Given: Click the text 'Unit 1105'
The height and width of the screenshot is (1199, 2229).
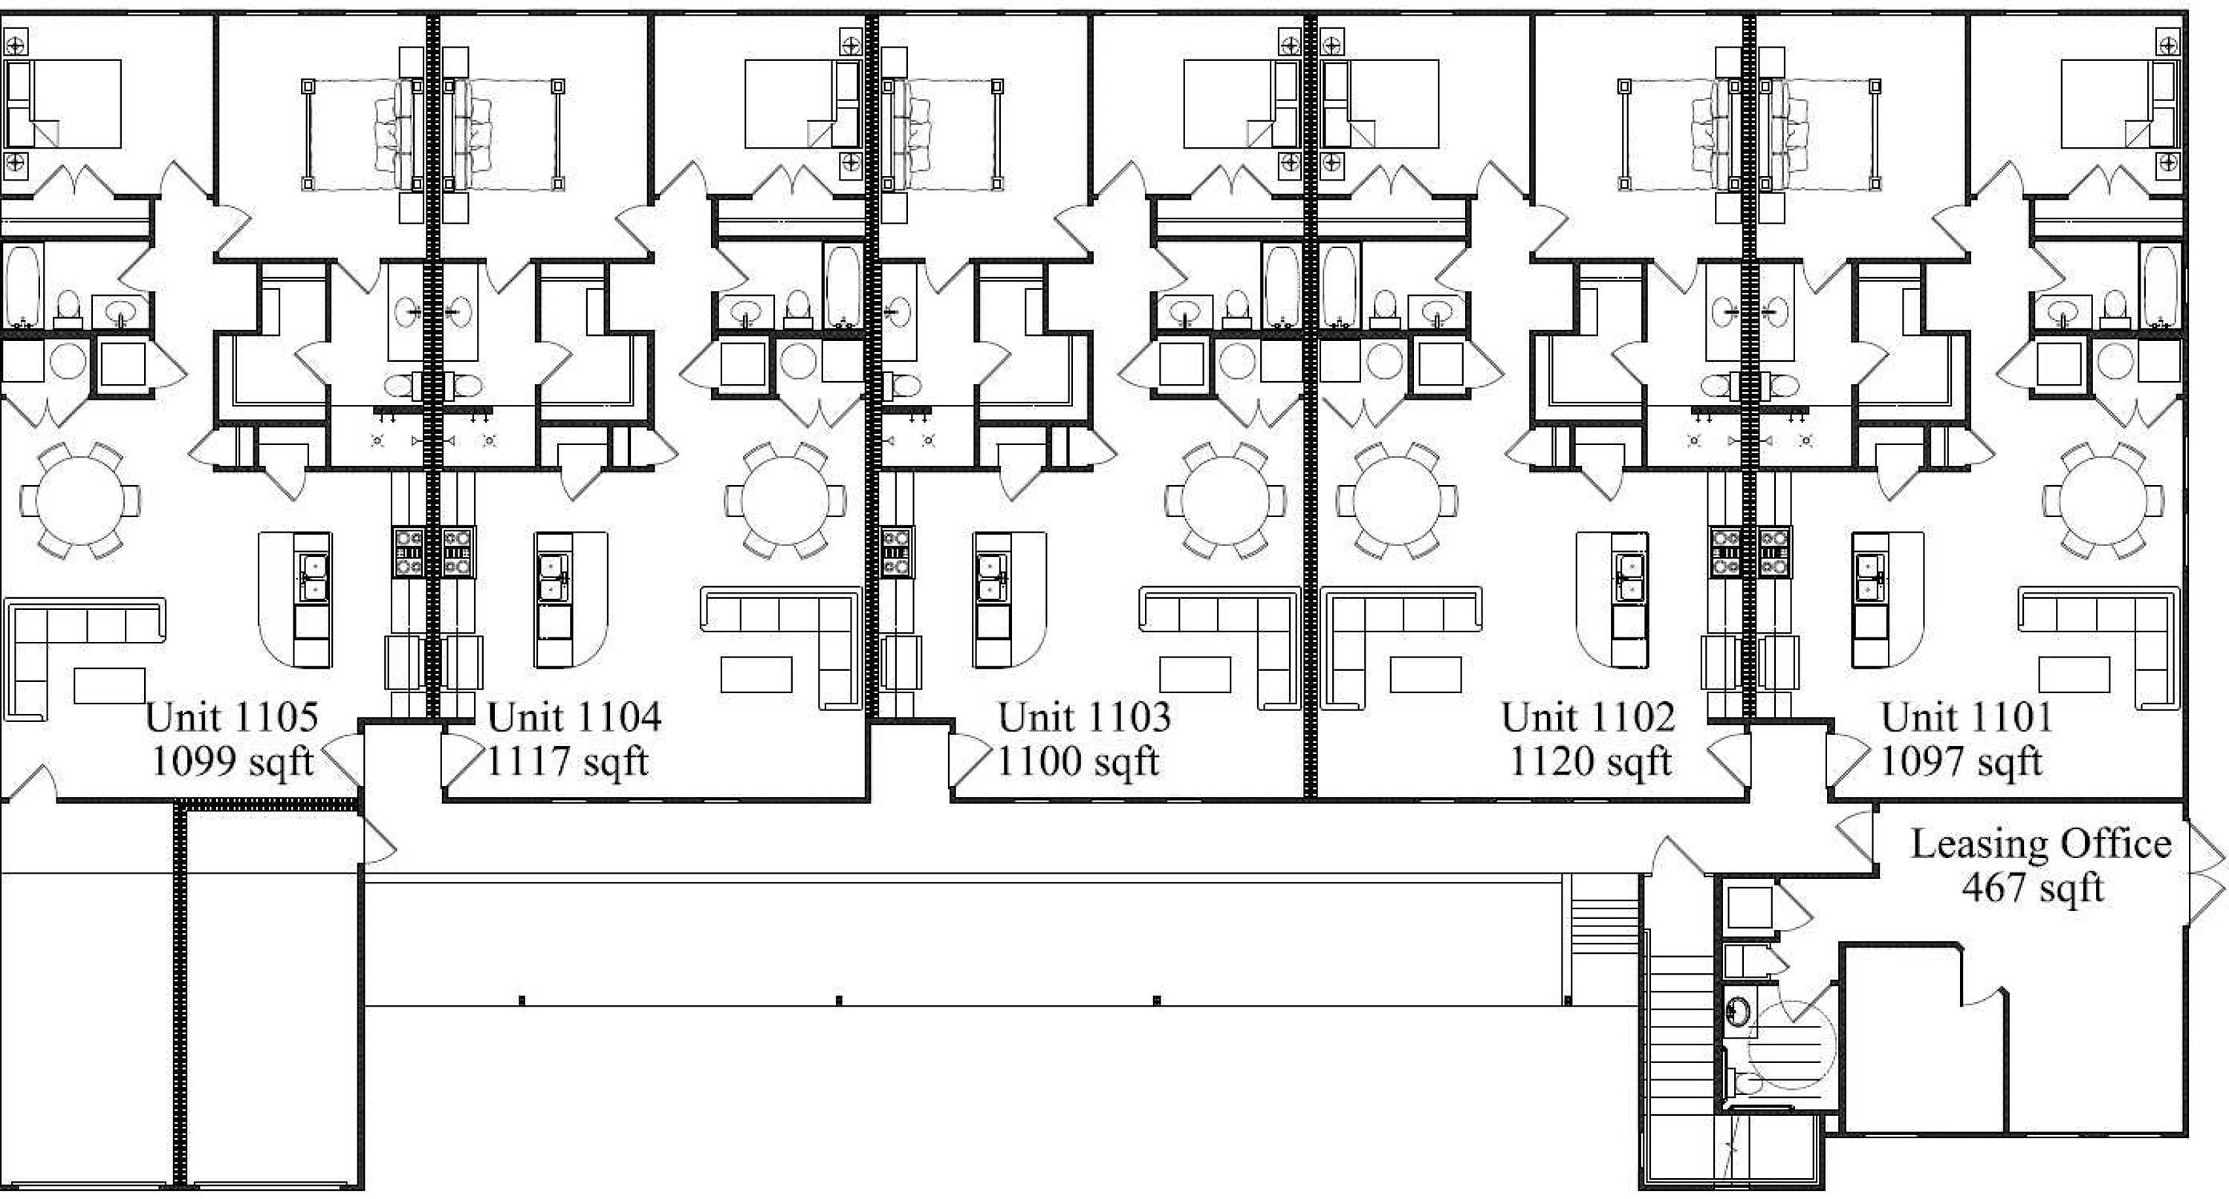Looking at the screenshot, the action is (232, 717).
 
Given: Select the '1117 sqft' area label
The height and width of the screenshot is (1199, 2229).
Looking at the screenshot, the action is (568, 762).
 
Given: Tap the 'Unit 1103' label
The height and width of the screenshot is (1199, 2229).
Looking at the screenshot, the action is (1085, 717).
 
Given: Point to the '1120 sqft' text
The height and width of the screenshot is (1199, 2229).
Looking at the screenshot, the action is (1591, 762).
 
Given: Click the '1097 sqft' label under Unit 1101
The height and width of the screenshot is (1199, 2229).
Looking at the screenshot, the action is (1962, 762).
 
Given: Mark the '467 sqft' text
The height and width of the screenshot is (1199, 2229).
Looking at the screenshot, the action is (2033, 888).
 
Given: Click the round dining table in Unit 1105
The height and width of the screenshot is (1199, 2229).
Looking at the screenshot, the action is (80, 501).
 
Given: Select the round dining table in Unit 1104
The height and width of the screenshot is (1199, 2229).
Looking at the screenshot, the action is (785, 501).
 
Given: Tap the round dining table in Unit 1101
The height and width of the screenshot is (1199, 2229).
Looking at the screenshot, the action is (2103, 501).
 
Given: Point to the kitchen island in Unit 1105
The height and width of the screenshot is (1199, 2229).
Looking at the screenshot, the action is (295, 599).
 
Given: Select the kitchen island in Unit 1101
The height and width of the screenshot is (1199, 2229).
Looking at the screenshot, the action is (1887, 599).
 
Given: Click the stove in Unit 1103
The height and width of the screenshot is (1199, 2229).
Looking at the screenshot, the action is (897, 552).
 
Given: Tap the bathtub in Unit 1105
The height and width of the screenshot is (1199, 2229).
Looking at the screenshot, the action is (22, 285).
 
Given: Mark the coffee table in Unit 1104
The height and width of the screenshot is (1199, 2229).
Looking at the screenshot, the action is (756, 674).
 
